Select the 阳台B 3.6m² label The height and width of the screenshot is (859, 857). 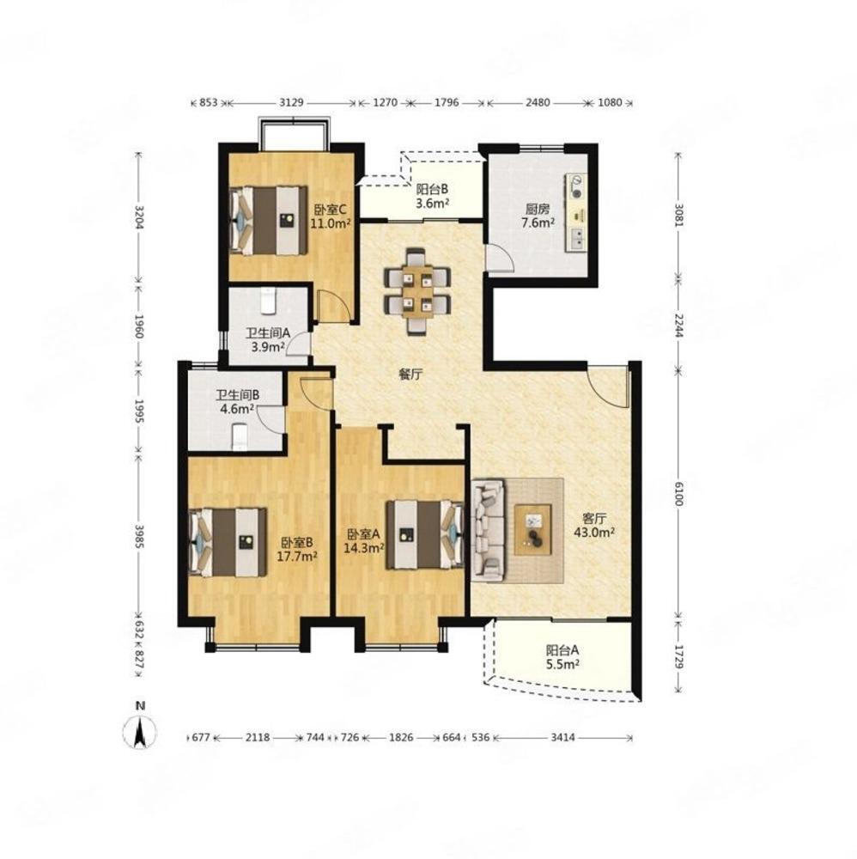(433, 196)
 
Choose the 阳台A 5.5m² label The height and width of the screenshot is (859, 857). (562, 657)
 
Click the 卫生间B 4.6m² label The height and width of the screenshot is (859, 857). (237, 401)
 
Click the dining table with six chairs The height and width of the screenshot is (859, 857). (417, 291)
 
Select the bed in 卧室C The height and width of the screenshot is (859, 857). (268, 221)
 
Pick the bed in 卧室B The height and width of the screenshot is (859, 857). (228, 542)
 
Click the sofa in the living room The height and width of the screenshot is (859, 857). (488, 530)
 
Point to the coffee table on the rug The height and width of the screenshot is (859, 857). (532, 530)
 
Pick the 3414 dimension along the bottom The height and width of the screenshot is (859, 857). (563, 737)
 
